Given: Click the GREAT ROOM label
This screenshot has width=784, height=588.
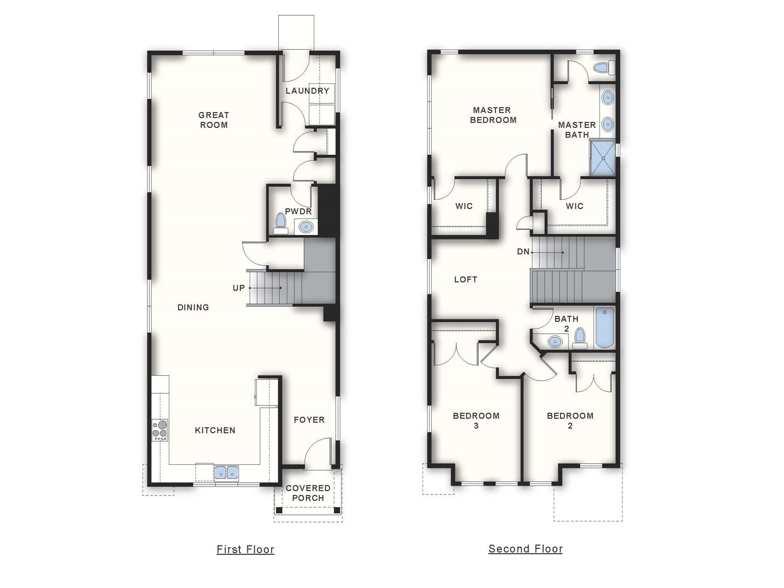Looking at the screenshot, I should [x=214, y=120].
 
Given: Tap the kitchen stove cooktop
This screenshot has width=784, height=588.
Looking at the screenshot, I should [x=160, y=430].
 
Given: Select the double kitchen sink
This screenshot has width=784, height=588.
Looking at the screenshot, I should [x=227, y=473].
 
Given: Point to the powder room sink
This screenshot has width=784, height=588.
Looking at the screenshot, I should [x=306, y=227].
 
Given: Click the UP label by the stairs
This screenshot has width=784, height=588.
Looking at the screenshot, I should [x=238, y=288].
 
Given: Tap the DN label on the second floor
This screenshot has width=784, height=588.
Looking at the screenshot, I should [x=523, y=252].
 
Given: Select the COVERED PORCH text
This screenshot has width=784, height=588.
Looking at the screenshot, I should [x=308, y=493].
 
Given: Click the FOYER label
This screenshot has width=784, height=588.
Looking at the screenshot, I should [x=309, y=420].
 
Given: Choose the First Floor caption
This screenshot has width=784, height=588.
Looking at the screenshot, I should [x=245, y=549].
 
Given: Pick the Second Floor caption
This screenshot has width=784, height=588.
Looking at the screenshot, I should [x=526, y=549].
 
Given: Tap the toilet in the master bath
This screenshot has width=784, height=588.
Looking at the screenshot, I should [x=604, y=68].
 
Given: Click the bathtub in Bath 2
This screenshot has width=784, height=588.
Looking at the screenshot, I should [x=604, y=328].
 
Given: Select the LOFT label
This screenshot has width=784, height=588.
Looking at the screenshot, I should [x=465, y=279].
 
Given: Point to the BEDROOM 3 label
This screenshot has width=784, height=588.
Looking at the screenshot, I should [x=476, y=420].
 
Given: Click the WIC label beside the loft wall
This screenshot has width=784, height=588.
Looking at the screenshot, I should [x=464, y=206].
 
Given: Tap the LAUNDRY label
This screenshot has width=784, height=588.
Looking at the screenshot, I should [x=307, y=91].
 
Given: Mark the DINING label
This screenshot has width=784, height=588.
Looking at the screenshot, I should [x=193, y=307].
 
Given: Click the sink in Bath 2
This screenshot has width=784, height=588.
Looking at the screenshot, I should [x=555, y=341].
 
